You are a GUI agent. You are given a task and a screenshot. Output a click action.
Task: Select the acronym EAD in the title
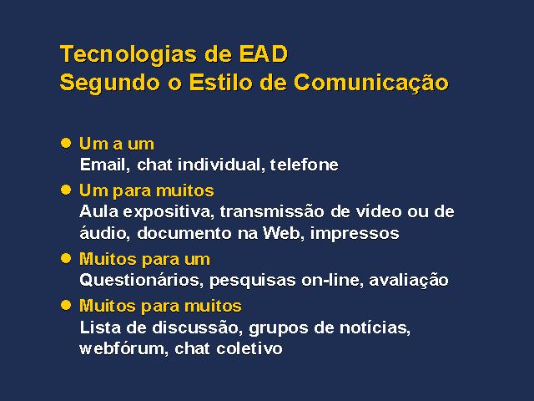pyautogui.click(x=264, y=53)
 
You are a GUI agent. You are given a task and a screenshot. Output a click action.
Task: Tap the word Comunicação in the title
pyautogui.click(x=371, y=84)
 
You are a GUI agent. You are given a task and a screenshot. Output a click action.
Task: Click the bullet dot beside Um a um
pyautogui.click(x=66, y=143)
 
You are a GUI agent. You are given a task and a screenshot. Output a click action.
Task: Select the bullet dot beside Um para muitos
pyautogui.click(x=66, y=190)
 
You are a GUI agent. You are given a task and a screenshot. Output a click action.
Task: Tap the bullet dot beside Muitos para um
pyautogui.click(x=66, y=258)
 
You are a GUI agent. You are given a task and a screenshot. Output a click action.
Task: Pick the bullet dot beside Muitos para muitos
pyautogui.click(x=66, y=305)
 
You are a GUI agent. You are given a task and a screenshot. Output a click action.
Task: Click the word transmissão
pyautogui.click(x=272, y=211)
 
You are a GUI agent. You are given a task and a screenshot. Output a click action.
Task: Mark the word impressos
pyautogui.click(x=355, y=234)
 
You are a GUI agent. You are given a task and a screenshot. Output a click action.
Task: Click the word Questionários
pyautogui.click(x=141, y=281)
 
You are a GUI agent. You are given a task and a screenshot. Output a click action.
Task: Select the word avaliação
pyautogui.click(x=409, y=281)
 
